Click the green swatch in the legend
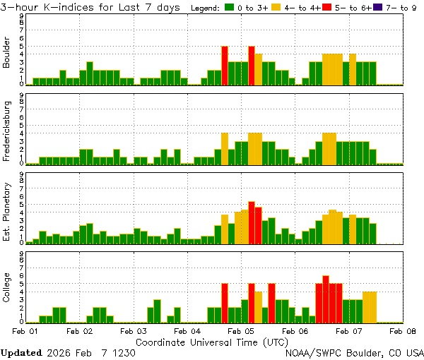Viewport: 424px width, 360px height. [x=230, y=8]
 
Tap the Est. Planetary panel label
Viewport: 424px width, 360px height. [x=7, y=211]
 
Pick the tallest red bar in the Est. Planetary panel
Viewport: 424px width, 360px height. [x=252, y=223]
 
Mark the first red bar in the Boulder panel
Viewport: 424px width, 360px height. [x=225, y=66]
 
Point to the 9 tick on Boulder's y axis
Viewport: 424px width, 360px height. [x=22, y=16]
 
